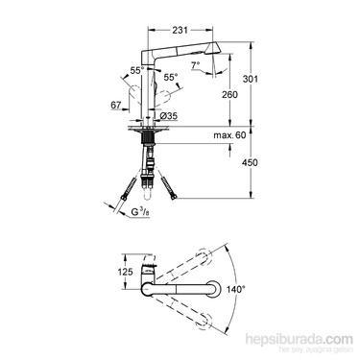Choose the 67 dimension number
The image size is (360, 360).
(x=116, y=105)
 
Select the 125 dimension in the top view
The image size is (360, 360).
(x=125, y=272)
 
